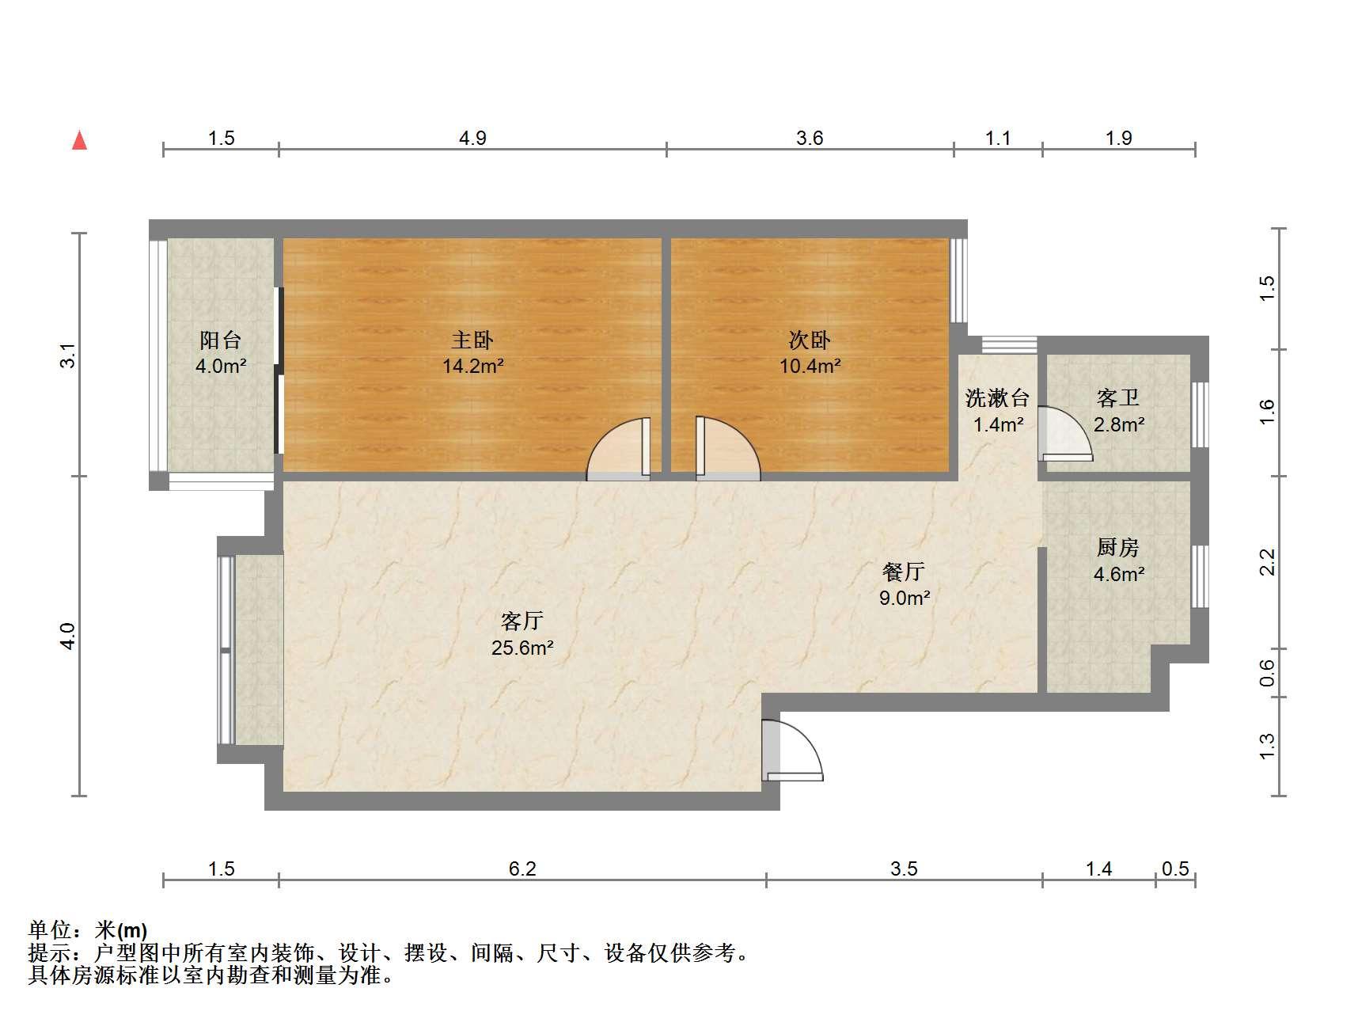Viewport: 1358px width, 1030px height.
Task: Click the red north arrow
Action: [x=79, y=140]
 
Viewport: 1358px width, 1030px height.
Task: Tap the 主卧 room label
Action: [x=472, y=340]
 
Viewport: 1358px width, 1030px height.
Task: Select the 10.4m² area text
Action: [x=810, y=366]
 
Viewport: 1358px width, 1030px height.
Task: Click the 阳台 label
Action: [x=220, y=340]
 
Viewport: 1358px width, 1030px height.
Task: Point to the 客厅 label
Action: [x=522, y=621]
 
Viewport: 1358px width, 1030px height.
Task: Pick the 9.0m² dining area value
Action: [x=904, y=598]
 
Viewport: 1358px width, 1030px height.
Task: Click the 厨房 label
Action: [x=1117, y=547]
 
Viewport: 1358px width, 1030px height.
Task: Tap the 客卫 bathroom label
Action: [x=1117, y=397]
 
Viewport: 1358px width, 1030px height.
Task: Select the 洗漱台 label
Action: [x=997, y=397]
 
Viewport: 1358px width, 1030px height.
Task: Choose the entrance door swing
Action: [x=792, y=751]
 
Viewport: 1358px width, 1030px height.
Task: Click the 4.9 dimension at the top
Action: [x=472, y=139]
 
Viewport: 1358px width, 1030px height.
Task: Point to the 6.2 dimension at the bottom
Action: [x=522, y=869]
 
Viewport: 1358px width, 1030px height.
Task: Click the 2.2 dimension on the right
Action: [x=1267, y=562]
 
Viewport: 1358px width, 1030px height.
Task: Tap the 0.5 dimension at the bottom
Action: [x=1175, y=869]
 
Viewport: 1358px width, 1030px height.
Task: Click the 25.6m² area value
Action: [x=522, y=648]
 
